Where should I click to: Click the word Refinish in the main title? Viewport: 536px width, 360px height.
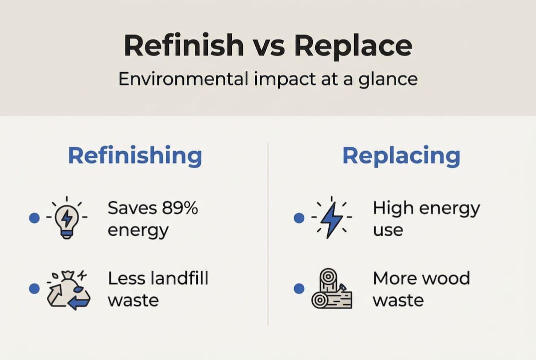point(184,45)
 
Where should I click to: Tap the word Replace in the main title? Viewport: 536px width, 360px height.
point(353,45)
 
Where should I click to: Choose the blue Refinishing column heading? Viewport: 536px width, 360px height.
point(135,156)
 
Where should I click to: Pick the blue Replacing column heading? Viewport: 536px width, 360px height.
point(401,156)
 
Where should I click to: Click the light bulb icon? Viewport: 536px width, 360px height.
point(66,218)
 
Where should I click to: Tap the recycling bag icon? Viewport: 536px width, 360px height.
point(68,289)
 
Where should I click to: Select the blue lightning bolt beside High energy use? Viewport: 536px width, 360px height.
point(331,218)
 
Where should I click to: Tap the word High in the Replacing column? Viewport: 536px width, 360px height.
point(393,208)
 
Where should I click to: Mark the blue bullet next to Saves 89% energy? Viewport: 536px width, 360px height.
point(34,218)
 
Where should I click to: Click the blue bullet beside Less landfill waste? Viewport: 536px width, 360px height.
point(34,288)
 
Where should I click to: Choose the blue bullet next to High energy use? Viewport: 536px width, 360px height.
point(299,218)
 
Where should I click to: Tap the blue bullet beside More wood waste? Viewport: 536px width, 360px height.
point(299,288)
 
